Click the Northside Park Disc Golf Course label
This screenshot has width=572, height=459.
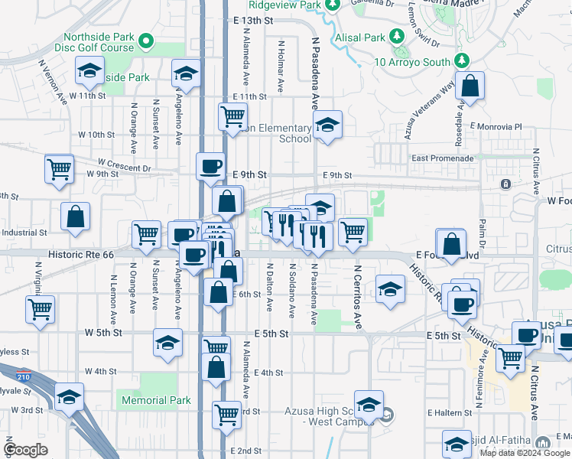[x=99, y=42]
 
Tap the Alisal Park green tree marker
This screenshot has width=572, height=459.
[x=397, y=37]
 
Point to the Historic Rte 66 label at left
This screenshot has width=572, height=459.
[x=80, y=253]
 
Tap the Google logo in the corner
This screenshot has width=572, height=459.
[x=25, y=449]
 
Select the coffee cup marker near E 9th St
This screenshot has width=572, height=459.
[x=211, y=166]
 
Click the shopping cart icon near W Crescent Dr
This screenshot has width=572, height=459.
[x=59, y=168]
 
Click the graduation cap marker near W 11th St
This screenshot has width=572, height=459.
[x=89, y=73]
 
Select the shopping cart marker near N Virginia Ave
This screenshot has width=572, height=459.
[x=40, y=309]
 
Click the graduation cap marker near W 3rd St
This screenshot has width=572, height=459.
[x=69, y=397]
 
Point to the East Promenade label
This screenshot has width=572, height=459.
[x=442, y=158]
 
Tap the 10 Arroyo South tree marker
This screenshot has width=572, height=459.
[x=461, y=60]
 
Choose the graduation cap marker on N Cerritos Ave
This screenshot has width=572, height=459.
[x=390, y=290]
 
